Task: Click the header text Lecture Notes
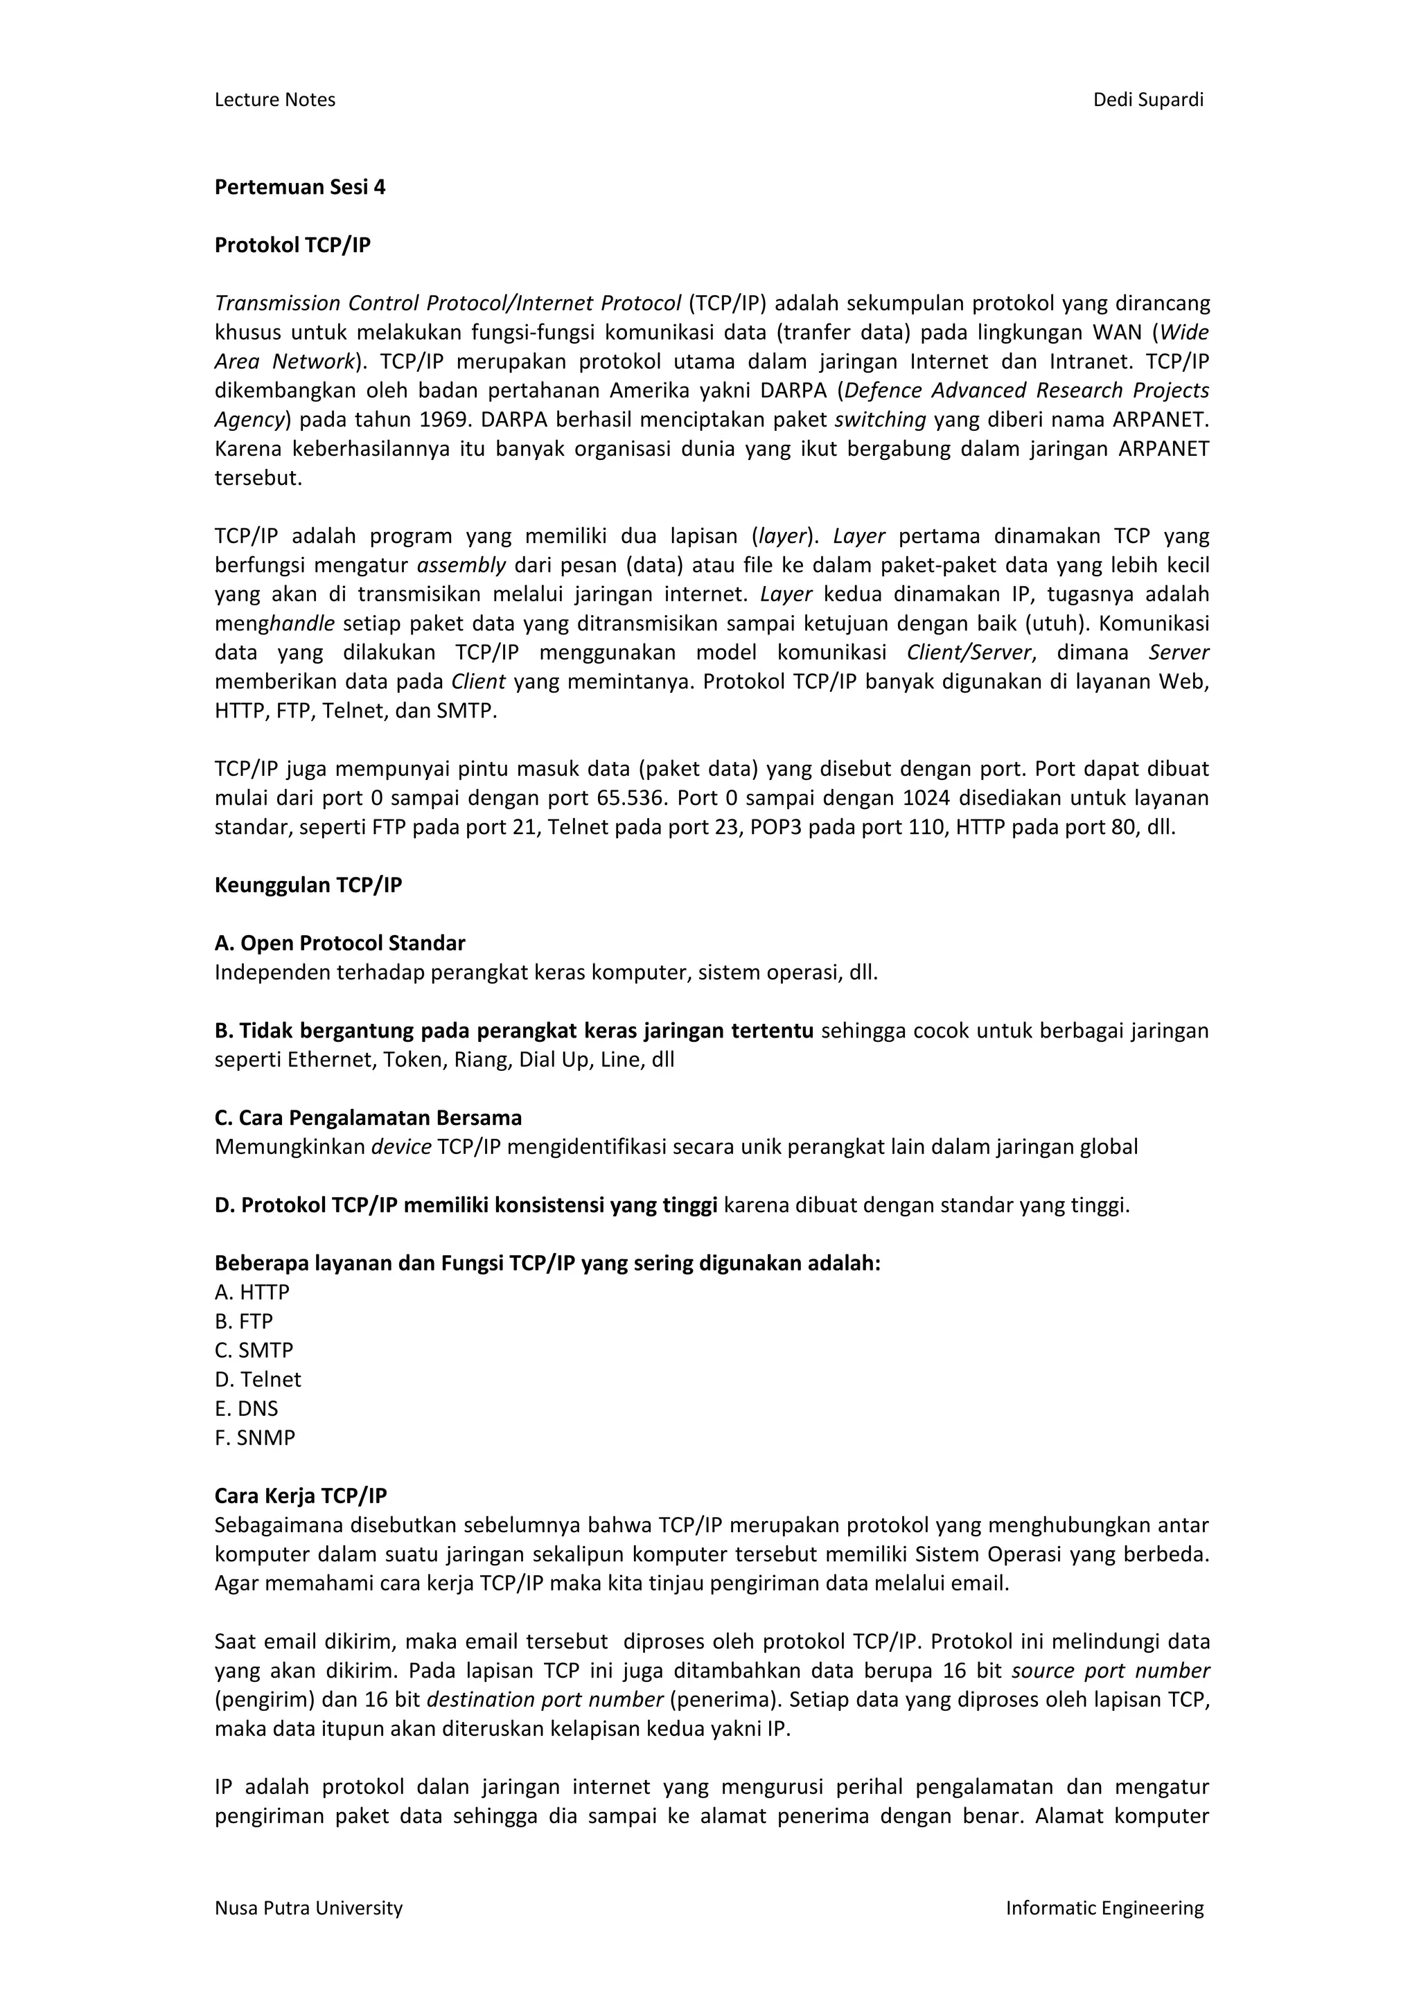click(274, 100)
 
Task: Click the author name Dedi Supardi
click(1147, 100)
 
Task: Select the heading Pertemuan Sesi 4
click(300, 187)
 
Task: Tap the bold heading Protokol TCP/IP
click(292, 245)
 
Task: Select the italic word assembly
click(461, 565)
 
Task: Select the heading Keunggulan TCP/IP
click(308, 886)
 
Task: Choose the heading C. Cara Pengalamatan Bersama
click(368, 1118)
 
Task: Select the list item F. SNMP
click(254, 1438)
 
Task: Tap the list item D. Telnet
click(257, 1381)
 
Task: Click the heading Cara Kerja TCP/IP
click(301, 1497)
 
